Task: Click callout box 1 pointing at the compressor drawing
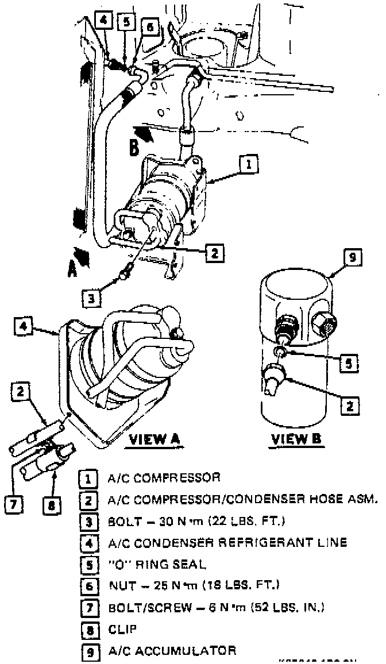click(x=249, y=165)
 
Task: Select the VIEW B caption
click(x=297, y=439)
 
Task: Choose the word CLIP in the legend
click(x=120, y=629)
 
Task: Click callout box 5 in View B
click(x=348, y=363)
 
